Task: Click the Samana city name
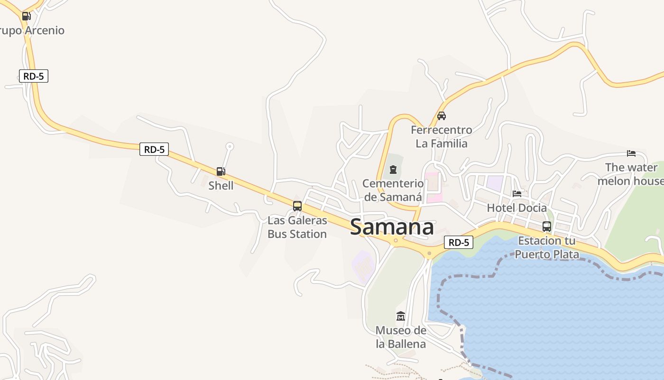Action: [x=392, y=227]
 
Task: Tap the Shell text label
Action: [x=221, y=185]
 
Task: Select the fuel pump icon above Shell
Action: [x=221, y=171]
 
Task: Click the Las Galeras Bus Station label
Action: [x=297, y=227]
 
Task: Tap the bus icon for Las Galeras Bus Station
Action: [x=297, y=206]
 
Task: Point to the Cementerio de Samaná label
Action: [x=393, y=190]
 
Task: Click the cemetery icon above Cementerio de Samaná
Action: [x=393, y=170]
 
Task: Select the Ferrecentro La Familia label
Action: [x=442, y=137]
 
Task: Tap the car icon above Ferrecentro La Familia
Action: [x=442, y=115]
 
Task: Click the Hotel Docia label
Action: [x=517, y=208]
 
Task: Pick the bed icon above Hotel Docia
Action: [x=517, y=194]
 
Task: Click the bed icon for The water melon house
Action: [x=631, y=153]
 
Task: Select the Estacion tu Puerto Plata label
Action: [x=547, y=247]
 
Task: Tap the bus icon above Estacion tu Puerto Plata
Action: [x=547, y=227]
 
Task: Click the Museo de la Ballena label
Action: [x=401, y=337]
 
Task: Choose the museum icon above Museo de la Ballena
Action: [x=401, y=316]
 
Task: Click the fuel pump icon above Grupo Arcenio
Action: [x=26, y=16]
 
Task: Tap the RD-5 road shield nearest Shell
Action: [x=154, y=149]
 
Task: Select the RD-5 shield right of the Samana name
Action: [x=459, y=242]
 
